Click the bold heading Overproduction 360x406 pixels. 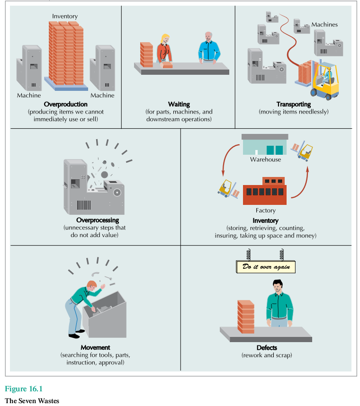point(65,104)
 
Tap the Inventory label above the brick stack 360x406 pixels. point(65,17)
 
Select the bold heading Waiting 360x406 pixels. point(179,104)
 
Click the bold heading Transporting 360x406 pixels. point(294,104)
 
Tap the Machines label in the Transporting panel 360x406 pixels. point(325,24)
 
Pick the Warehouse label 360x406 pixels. point(265,159)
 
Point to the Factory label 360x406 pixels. point(265,211)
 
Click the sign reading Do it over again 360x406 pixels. point(266,267)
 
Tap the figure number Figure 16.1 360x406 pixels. point(24,389)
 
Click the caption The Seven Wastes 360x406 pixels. point(32,401)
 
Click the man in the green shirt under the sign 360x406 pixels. point(279,303)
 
